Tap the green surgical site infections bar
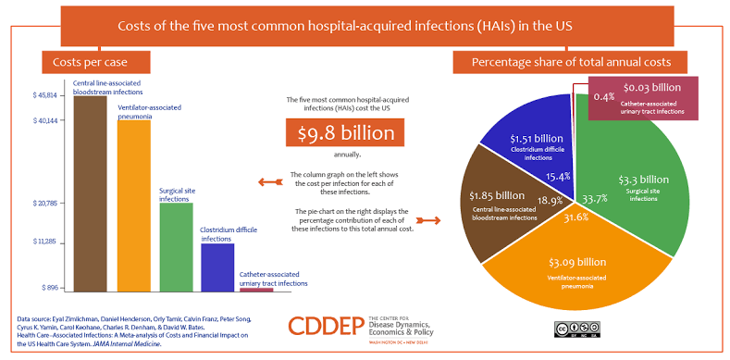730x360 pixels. [x=176, y=246]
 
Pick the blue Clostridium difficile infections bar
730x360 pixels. [x=217, y=267]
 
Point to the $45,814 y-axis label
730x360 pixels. [x=45, y=96]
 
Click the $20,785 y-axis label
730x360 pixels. [x=45, y=203]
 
